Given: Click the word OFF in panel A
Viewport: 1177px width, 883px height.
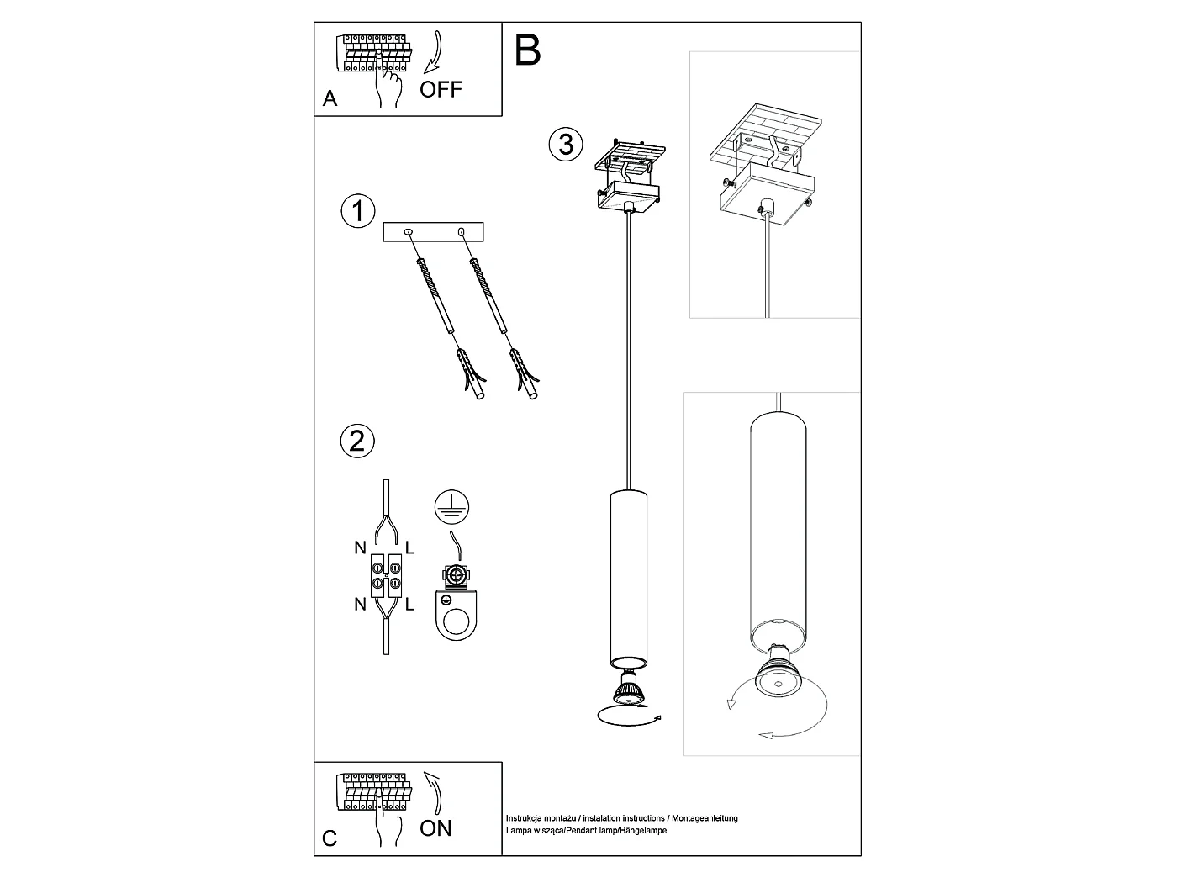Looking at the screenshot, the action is [441, 89].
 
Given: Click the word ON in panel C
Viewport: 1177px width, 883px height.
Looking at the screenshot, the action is [435, 828].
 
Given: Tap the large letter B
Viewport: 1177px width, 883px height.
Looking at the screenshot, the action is [528, 50].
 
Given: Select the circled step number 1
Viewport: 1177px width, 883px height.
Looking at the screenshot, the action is [358, 211].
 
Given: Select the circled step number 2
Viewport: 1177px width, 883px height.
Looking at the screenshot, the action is [357, 441].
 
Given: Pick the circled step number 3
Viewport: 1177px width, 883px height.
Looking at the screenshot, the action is [566, 144].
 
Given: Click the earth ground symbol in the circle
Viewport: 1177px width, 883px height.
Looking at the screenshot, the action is [452, 506].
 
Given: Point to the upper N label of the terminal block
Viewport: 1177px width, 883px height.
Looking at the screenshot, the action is [361, 547].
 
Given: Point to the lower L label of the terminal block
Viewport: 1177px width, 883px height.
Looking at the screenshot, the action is [409, 605].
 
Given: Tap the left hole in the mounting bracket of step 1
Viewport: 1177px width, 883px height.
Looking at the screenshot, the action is [408, 231].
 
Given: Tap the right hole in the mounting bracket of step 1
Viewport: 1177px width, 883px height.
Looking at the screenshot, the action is [460, 231].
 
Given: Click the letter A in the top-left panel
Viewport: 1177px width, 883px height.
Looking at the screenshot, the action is [330, 98].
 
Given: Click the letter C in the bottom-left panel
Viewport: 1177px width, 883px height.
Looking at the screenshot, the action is [330, 838].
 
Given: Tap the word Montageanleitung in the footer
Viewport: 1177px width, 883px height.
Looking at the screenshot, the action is [705, 818].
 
